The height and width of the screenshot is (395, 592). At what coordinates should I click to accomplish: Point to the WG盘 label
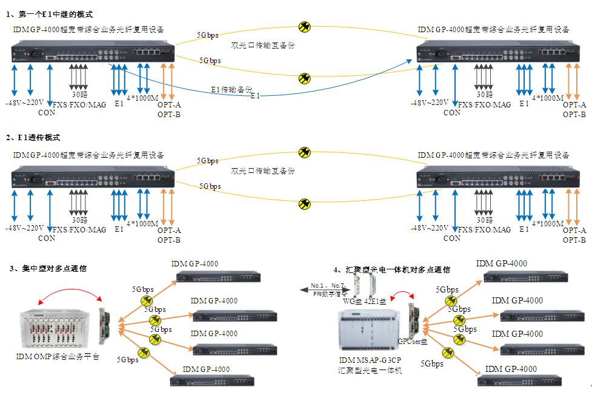coord(352,300)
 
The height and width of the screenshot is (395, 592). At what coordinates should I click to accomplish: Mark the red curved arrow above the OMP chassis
coord(69,293)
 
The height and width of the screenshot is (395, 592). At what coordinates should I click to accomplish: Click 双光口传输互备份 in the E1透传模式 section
coord(262,172)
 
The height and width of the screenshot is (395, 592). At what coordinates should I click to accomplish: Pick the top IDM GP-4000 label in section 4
coord(502,263)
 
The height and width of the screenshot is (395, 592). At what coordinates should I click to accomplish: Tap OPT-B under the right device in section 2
coord(574,240)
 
